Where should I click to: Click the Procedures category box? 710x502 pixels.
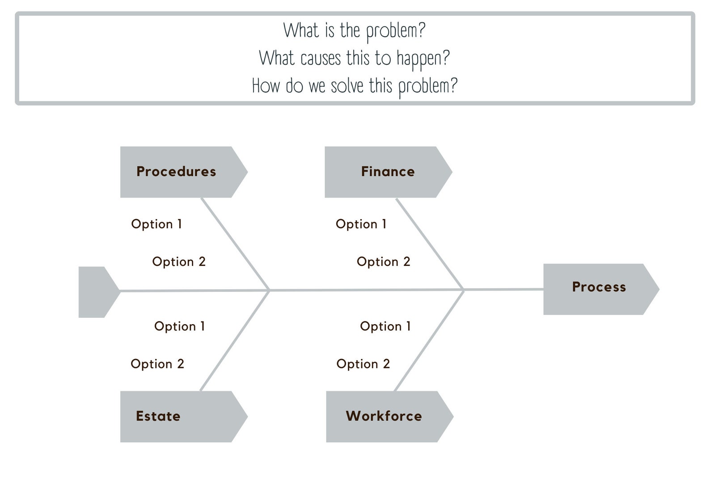(183, 172)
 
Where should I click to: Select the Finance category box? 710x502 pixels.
(388, 172)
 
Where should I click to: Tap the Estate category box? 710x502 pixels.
(183, 417)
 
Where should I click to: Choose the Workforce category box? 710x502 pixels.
(389, 417)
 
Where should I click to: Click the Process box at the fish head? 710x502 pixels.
(601, 289)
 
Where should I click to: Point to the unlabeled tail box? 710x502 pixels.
(99, 292)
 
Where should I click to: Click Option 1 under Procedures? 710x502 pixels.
(156, 224)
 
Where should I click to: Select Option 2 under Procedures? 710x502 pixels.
(179, 262)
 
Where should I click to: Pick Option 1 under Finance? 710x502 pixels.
(361, 224)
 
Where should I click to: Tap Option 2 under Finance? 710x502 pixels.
(384, 262)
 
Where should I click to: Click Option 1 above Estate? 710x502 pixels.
(180, 326)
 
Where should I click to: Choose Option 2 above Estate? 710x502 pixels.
(157, 364)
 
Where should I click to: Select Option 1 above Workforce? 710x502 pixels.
(385, 326)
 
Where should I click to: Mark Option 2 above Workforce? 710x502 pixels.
(363, 364)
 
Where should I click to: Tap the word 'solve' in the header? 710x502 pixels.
(347, 86)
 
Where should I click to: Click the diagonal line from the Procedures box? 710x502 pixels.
(235, 244)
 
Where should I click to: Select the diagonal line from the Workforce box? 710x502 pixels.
(429, 341)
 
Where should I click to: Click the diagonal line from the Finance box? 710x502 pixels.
(430, 244)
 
